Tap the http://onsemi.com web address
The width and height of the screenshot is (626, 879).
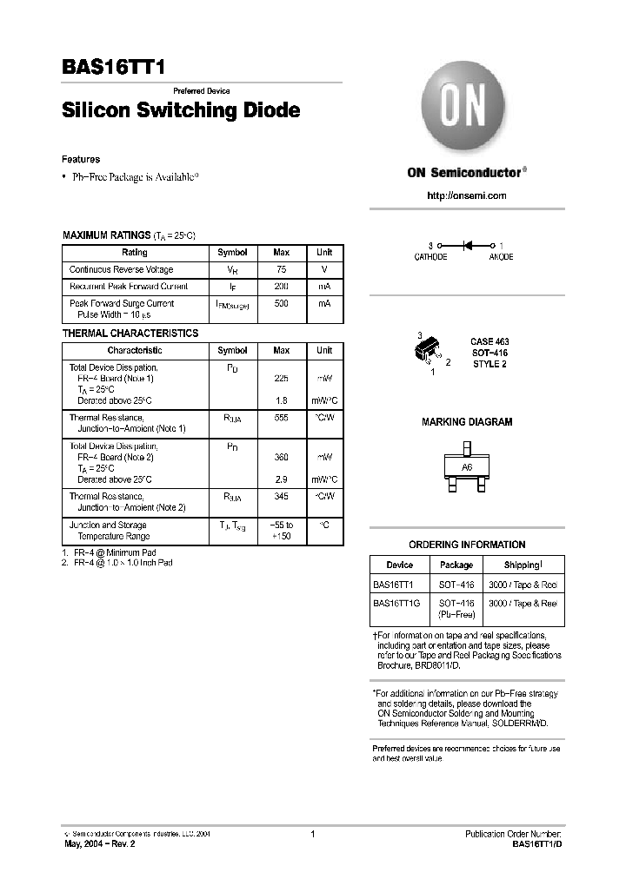[x=467, y=195]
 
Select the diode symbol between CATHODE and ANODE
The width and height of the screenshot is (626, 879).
[x=467, y=246]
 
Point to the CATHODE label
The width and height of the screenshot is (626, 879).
[x=430, y=257]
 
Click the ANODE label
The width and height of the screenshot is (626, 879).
[x=501, y=257]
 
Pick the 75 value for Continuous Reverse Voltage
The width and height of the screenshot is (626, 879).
[x=282, y=269]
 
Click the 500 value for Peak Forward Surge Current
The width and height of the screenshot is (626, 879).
[x=282, y=303]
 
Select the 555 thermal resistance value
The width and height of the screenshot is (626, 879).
[x=282, y=418]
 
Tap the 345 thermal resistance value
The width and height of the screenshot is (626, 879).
[x=282, y=496]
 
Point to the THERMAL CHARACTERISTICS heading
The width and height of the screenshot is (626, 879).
[x=130, y=334]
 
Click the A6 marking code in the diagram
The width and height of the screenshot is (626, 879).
[x=467, y=467]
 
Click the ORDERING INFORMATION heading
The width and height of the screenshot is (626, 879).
[x=467, y=545]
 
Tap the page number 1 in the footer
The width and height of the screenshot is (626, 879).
[x=312, y=834]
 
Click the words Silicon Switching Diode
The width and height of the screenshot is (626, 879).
[x=181, y=111]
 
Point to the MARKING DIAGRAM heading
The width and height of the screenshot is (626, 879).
[x=467, y=422]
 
